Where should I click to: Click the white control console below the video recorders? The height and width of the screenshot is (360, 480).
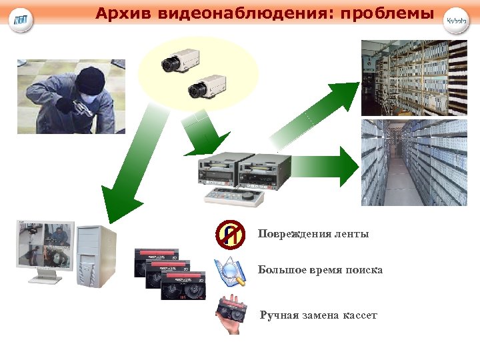pos(233,196)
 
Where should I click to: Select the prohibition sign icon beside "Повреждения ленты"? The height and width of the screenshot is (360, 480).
pos(230,234)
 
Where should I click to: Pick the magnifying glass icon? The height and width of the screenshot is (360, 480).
pos(230,271)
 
